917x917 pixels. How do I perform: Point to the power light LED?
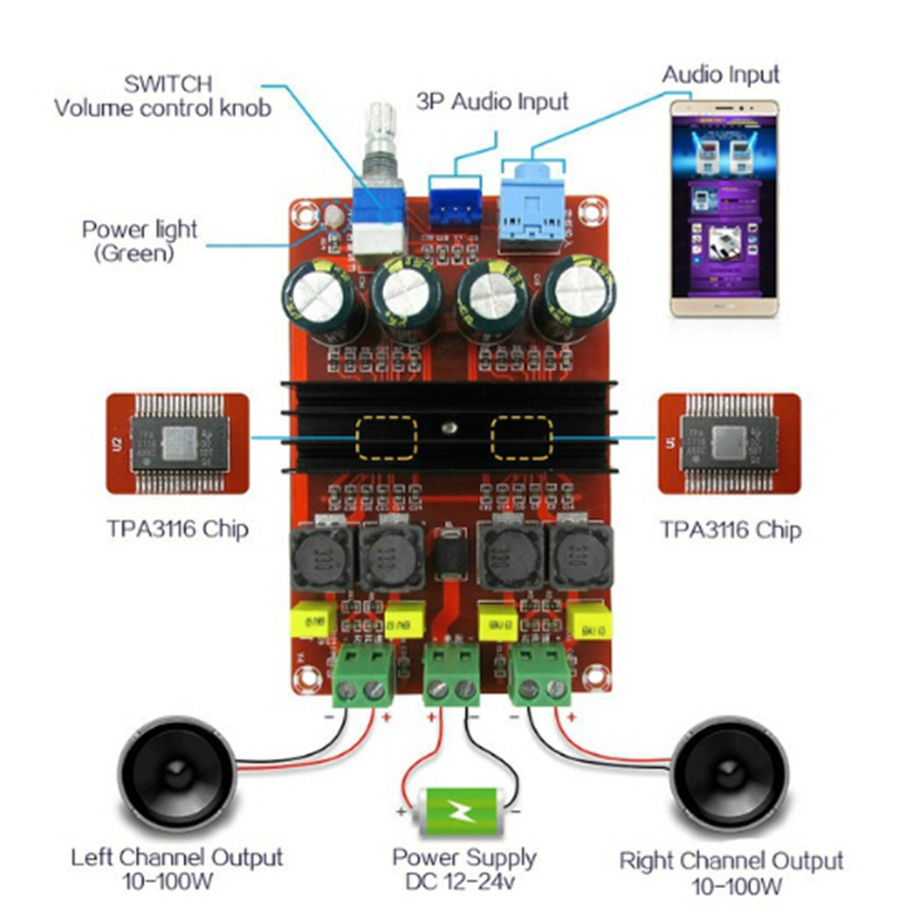point(331,217)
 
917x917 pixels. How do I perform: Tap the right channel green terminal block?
point(541,674)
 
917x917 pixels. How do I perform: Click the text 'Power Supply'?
point(464,858)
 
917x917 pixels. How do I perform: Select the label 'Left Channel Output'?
point(177,858)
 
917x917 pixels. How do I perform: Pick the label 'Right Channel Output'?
point(730,861)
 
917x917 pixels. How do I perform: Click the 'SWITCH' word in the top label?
point(168,83)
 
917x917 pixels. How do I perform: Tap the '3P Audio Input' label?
point(492,101)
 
